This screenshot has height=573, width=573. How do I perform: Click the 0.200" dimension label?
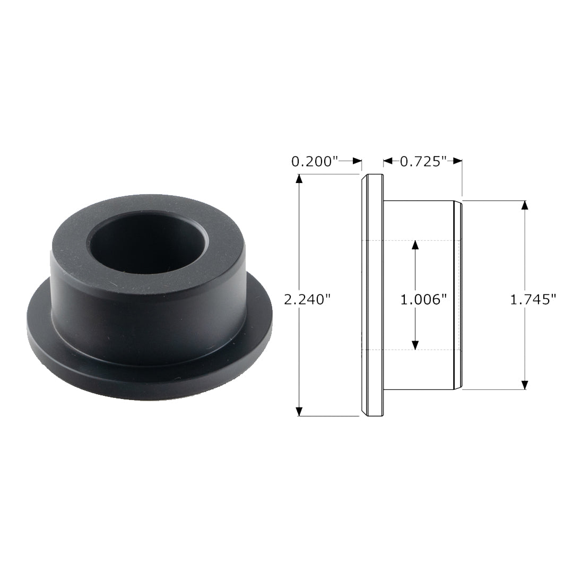pyautogui.click(x=315, y=161)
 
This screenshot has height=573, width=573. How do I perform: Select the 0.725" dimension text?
pyautogui.click(x=423, y=161)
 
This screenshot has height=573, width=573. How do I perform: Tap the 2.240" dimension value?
pyautogui.click(x=307, y=300)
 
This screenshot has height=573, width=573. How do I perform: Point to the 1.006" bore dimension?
pyautogui.click(x=423, y=300)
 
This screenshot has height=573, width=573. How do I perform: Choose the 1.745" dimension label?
pyautogui.click(x=533, y=300)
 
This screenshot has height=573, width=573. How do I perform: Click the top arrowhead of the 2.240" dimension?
pyautogui.click(x=299, y=179)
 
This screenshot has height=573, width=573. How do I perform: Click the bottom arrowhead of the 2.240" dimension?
pyautogui.click(x=299, y=411)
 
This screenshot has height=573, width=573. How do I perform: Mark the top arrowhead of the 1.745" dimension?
pyautogui.click(x=525, y=205)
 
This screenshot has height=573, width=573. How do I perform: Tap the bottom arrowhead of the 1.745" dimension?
pyautogui.click(x=525, y=385)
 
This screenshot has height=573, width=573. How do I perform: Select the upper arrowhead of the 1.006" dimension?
pyautogui.click(x=415, y=245)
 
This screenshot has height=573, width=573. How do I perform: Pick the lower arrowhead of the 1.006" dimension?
pyautogui.click(x=415, y=345)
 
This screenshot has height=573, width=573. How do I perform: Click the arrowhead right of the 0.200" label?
pyautogui.click(x=357, y=161)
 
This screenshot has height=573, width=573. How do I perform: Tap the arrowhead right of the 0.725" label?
pyautogui.click(x=457, y=161)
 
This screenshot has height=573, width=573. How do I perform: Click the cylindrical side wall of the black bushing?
pyautogui.click(x=149, y=313)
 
